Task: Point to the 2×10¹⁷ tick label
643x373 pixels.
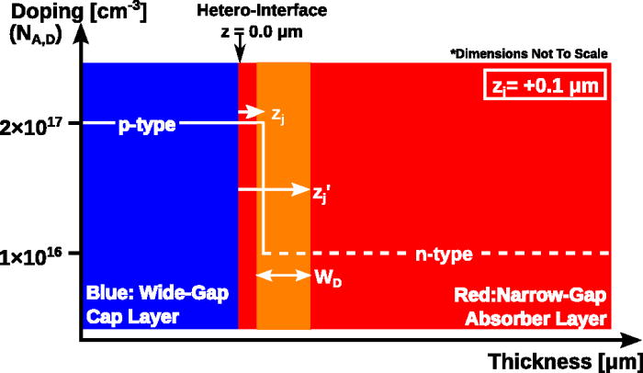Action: (x=40, y=123)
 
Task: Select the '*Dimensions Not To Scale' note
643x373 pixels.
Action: (x=528, y=53)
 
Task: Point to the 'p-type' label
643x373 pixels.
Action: (x=147, y=123)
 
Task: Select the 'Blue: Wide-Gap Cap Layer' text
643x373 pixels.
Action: (x=156, y=306)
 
